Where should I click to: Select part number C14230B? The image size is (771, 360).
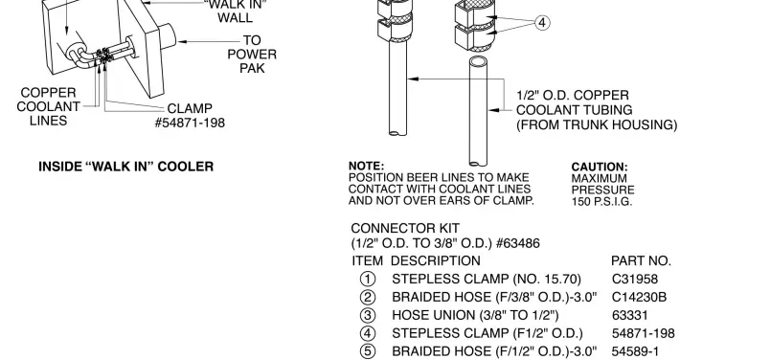(x=639, y=297)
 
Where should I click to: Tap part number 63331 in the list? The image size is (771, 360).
(x=629, y=315)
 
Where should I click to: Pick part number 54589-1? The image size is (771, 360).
(x=636, y=351)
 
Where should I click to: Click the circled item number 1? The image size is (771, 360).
(x=366, y=279)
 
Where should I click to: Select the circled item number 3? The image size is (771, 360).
(x=366, y=315)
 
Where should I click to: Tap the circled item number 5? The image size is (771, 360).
(x=366, y=351)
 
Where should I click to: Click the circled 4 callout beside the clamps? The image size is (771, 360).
(x=542, y=22)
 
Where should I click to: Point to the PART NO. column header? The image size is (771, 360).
(x=641, y=260)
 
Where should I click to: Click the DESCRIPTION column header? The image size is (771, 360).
(x=436, y=260)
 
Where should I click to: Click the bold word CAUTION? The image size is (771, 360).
(x=600, y=167)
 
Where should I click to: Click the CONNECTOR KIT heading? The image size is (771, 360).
(x=405, y=229)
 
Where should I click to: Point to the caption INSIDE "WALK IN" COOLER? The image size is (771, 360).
(x=125, y=167)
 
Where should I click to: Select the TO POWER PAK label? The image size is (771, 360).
(x=252, y=55)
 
